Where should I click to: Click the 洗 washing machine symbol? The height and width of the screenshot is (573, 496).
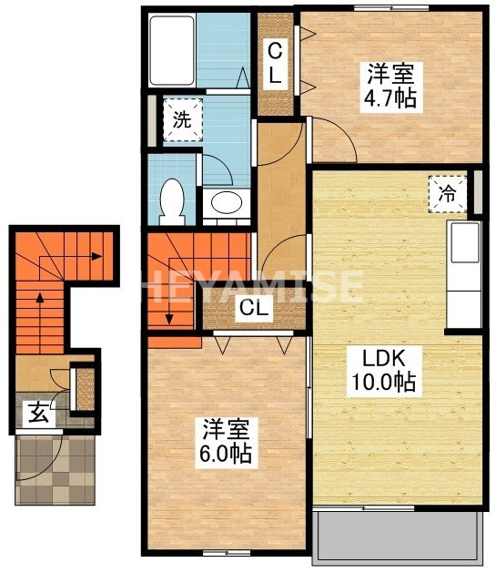click(183, 119)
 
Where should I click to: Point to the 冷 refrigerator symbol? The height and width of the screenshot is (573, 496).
click(448, 192)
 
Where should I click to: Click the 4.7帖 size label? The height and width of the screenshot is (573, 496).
click(394, 97)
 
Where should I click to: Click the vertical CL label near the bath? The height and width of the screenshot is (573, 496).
click(275, 64)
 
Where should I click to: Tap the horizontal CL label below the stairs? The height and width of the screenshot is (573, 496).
click(254, 310)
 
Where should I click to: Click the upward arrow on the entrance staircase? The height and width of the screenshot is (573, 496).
click(38, 301)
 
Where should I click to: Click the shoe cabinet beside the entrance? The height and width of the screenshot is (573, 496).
click(85, 387)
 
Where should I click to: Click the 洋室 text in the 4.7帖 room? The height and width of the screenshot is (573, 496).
click(393, 71)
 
